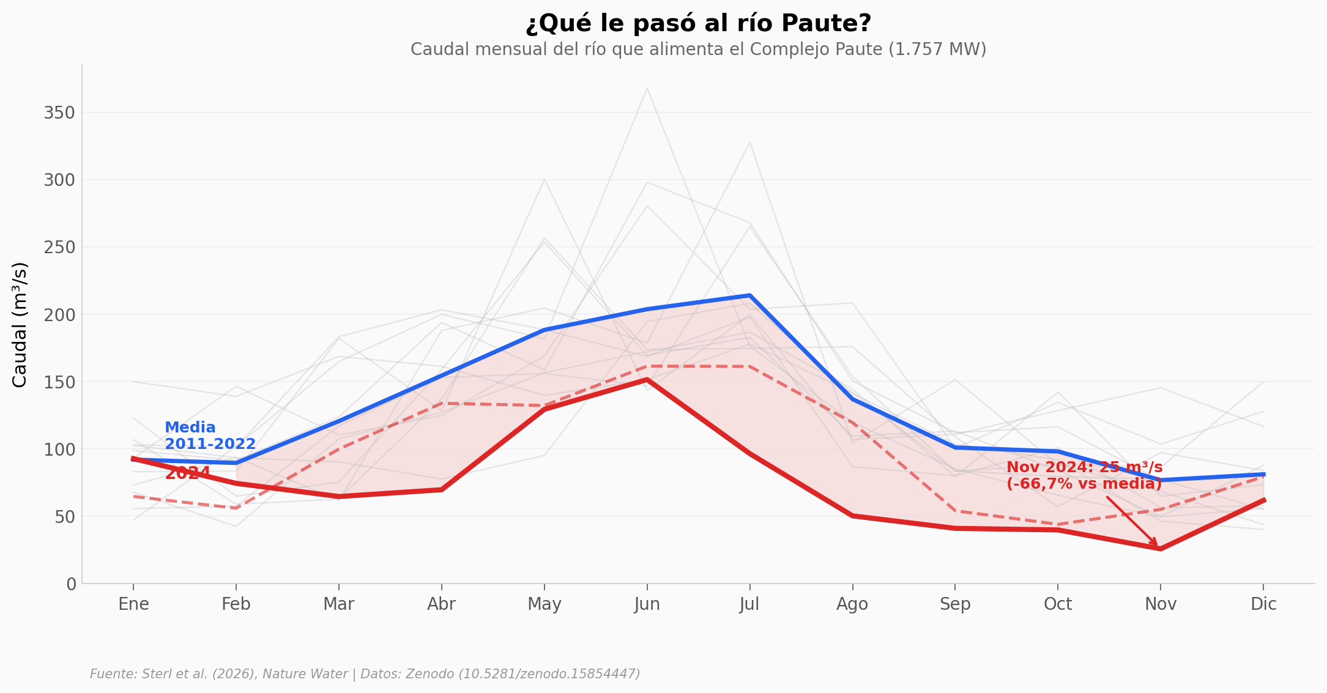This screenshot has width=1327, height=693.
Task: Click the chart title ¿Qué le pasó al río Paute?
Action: pyautogui.click(x=698, y=24)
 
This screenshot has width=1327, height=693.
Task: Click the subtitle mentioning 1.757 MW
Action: pyautogui.click(x=698, y=50)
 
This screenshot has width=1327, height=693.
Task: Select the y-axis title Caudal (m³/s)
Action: pyautogui.click(x=20, y=325)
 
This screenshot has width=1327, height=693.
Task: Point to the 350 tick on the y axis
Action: pyautogui.click(x=59, y=113)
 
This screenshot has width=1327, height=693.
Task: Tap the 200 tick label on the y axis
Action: pyautogui.click(x=59, y=315)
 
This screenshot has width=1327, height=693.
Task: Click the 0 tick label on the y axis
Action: pyautogui.click(x=72, y=584)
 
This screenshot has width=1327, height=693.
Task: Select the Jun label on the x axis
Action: pyautogui.click(x=647, y=604)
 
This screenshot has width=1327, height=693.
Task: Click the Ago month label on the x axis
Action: pyautogui.click(x=852, y=604)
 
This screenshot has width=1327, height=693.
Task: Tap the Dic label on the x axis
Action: pyautogui.click(x=1263, y=604)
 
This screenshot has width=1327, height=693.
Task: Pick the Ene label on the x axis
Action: pyautogui.click(x=133, y=604)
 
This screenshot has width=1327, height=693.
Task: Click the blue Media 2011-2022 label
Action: pyautogui.click(x=210, y=435)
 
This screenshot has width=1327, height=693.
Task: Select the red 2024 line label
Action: pyautogui.click(x=188, y=473)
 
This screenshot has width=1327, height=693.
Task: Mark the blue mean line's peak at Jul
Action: pyautogui.click(x=749, y=295)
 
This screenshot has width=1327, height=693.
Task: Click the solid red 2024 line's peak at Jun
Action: pyautogui.click(x=647, y=379)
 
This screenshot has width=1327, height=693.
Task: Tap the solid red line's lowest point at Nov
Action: pyautogui.click(x=1160, y=549)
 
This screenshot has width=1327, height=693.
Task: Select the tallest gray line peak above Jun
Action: pyautogui.click(x=647, y=89)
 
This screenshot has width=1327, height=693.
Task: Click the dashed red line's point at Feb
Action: pyautogui.click(x=236, y=508)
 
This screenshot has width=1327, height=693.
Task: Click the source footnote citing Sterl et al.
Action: pyautogui.click(x=365, y=674)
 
